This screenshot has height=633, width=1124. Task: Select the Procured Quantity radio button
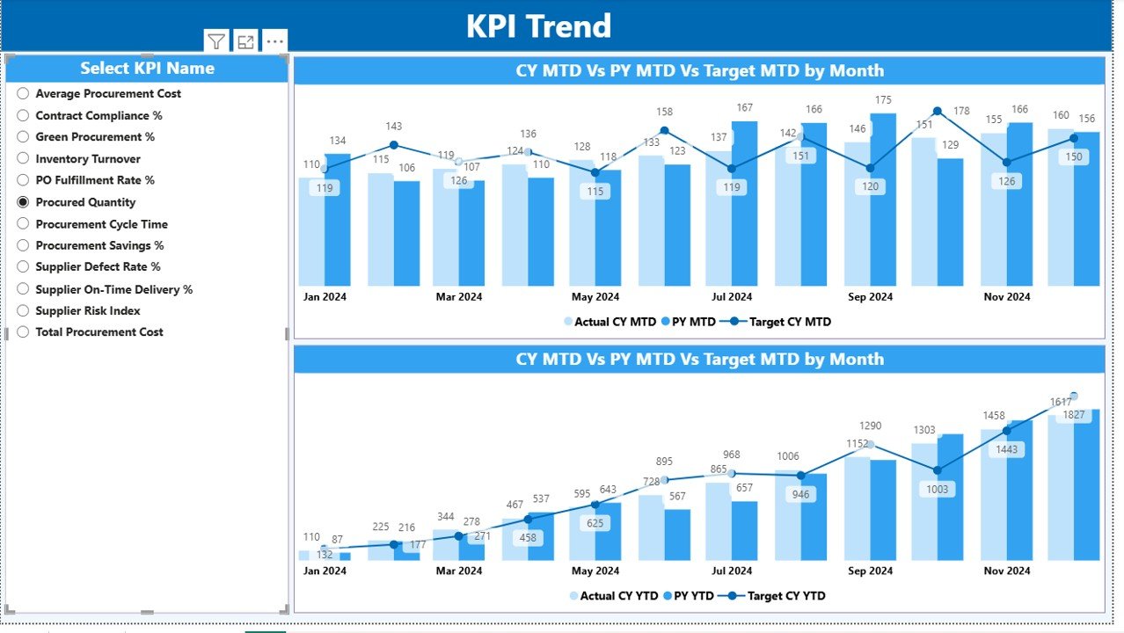point(24,202)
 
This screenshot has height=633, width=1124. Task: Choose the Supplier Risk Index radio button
point(24,310)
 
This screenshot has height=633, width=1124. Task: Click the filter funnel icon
point(216,41)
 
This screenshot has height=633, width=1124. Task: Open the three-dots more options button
point(274,41)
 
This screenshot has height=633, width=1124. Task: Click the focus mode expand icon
point(245,41)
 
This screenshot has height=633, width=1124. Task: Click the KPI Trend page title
point(538,26)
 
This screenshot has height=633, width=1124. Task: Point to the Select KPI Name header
point(147,69)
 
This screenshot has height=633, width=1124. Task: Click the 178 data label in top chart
point(961,111)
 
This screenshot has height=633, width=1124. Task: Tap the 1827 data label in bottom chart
point(1074,415)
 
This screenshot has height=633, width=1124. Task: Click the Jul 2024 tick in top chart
point(731,297)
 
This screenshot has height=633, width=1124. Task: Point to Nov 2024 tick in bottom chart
point(1007,571)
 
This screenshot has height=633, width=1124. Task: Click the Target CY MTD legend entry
point(789,322)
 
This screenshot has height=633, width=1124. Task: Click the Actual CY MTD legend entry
point(615,322)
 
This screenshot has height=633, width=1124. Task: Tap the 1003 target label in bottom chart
point(937,489)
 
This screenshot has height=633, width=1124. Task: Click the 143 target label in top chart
point(393,127)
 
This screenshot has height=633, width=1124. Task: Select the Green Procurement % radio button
point(24,137)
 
